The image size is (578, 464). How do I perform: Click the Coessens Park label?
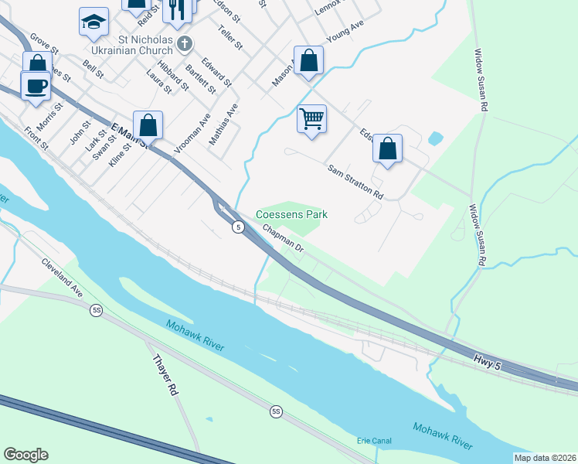[291, 214]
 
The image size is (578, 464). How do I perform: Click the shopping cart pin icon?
[311, 119]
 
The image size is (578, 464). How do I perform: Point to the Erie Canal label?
[374, 441]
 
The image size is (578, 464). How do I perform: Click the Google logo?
[25, 455]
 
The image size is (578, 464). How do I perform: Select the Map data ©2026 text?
[545, 458]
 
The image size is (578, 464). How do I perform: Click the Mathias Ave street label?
[225, 125]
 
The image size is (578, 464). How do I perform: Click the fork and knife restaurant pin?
[178, 8]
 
